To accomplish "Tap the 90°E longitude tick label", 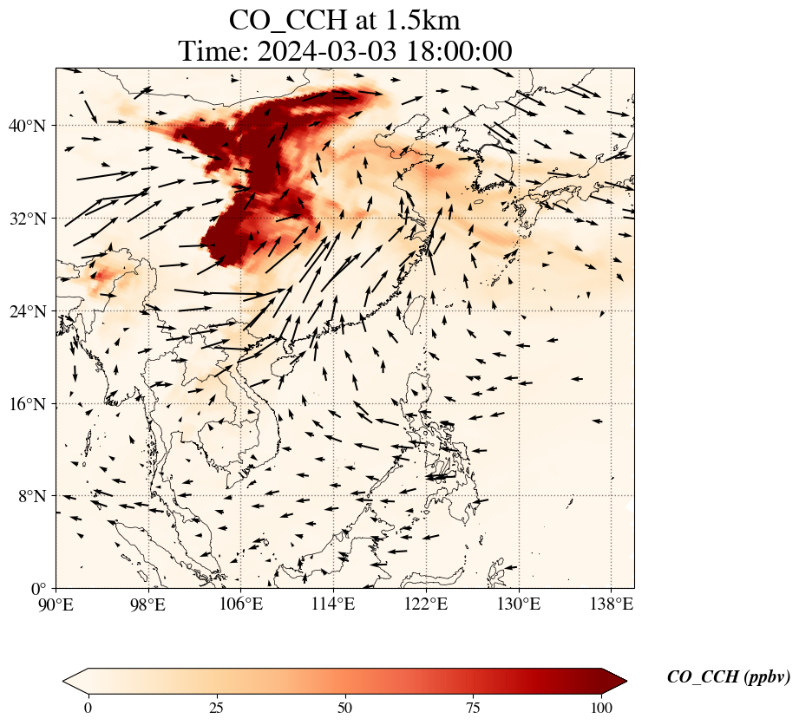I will [x=56, y=604].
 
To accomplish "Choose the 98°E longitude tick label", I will [x=148, y=604].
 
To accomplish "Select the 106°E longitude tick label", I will [x=241, y=604].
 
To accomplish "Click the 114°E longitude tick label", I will [x=333, y=604].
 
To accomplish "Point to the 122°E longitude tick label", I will [x=426, y=604].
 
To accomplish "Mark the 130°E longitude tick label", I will [x=518, y=604].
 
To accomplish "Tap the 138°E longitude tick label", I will [x=611, y=604].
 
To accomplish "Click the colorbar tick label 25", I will [x=216, y=708].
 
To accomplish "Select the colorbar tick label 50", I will [x=345, y=708].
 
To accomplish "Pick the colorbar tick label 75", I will [x=474, y=708].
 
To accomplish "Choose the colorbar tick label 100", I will [x=602, y=708].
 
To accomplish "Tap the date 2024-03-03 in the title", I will [x=326, y=51].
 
